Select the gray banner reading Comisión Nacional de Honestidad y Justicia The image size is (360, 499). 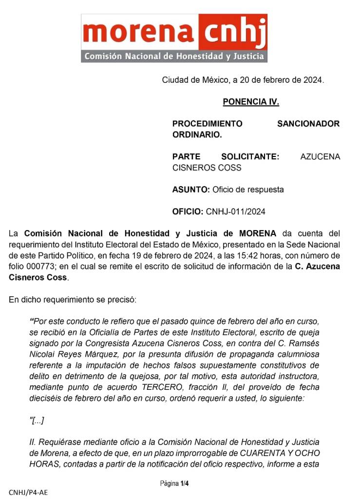(x=174, y=56)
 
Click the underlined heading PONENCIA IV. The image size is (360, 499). (x=250, y=102)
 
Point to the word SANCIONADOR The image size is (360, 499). (x=308, y=124)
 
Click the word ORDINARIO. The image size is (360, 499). (x=197, y=134)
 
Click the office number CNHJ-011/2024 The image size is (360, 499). (x=236, y=211)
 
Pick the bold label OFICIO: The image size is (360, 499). (x=188, y=211)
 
